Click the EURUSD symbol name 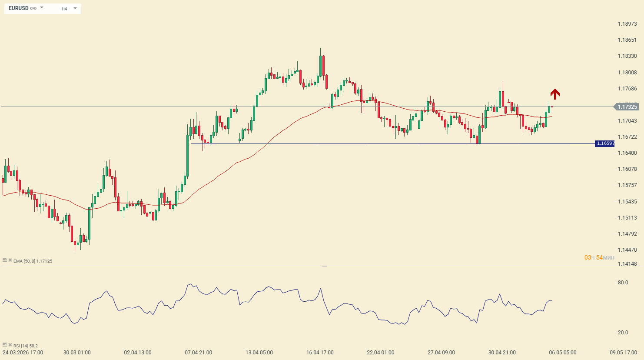[x=18, y=8]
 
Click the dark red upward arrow [x=555, y=94]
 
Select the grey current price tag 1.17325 [x=626, y=107]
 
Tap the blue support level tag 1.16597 [x=604, y=143]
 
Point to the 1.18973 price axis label [x=627, y=24]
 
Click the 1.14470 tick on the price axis [x=627, y=250]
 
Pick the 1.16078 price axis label [x=627, y=169]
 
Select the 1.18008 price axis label [x=627, y=72]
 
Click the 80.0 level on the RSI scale [x=623, y=283]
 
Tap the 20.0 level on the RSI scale [x=623, y=333]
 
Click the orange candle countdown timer [x=599, y=257]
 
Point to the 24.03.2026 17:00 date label [x=23, y=353]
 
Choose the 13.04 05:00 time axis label [x=259, y=353]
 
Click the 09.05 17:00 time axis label [x=623, y=353]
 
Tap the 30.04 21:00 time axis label [x=502, y=353]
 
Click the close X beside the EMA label [x=10, y=260]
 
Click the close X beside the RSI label [x=10, y=345]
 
